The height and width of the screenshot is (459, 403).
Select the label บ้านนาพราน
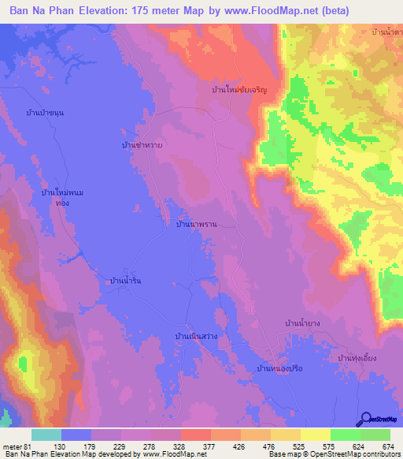[196, 225]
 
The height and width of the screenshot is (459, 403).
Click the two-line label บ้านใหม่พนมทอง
[61, 197]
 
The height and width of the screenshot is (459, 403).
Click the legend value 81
[29, 447]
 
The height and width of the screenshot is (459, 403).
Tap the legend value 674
[387, 447]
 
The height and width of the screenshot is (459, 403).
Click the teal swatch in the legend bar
[46, 435]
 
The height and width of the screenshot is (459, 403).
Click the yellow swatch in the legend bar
[315, 435]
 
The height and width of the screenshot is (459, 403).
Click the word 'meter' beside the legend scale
[13, 447]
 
